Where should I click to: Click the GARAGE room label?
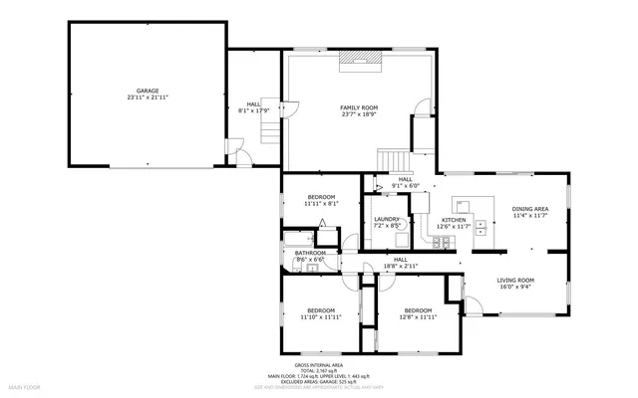pos(148,91)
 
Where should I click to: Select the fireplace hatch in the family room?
pos(358,59)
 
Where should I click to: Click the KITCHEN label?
pos(454,220)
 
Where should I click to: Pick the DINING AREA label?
pos(529,209)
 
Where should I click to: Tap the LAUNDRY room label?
pos(387,220)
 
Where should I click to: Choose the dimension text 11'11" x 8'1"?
pos(322,204)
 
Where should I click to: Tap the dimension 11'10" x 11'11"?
pos(321,316)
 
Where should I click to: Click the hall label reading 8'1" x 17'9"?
pos(253,110)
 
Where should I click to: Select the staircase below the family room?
pos(393,160)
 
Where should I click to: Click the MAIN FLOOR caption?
pos(24,384)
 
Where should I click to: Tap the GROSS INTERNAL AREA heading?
pos(318,365)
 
